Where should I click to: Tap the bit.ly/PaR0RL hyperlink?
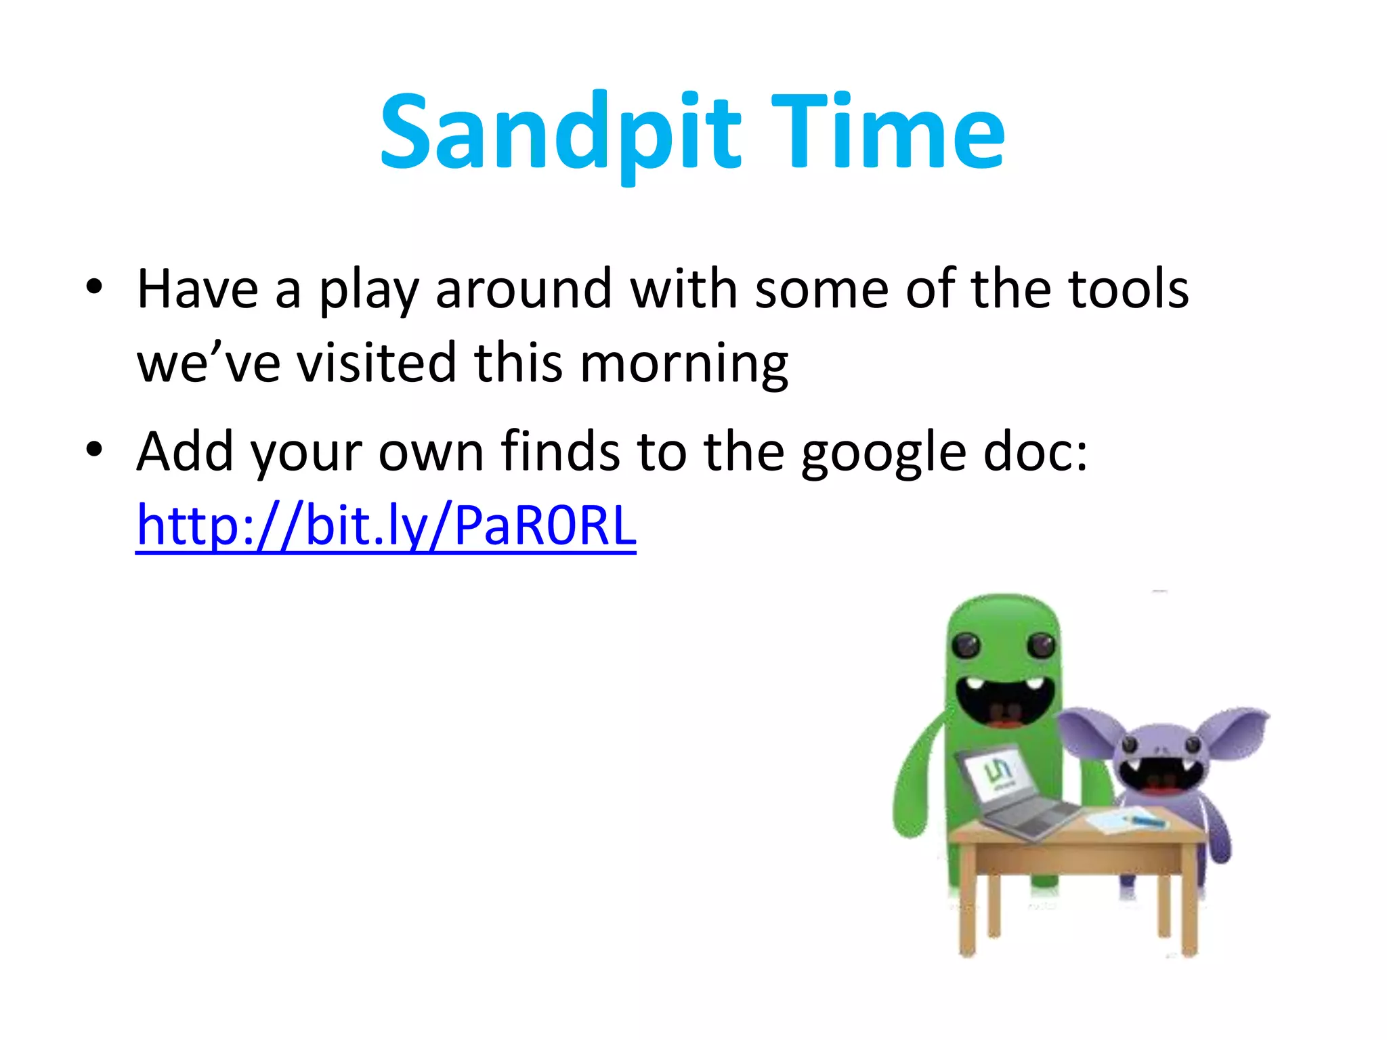coord(386,526)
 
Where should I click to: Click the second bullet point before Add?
coord(94,449)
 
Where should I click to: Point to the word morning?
coord(684,364)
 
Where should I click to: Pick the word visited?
coord(377,363)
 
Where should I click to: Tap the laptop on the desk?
coord(1009,792)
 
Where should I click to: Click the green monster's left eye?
coord(966,644)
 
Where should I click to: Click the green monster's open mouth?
coord(1002,701)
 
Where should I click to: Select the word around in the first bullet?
coord(524,289)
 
